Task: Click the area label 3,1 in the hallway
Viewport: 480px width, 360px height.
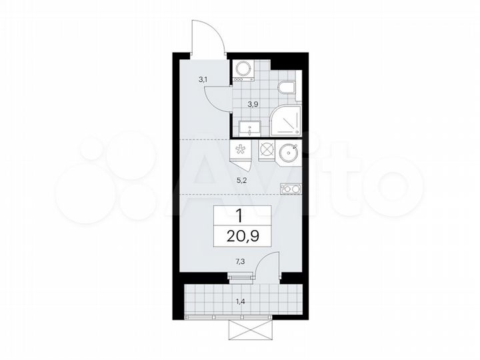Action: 203,80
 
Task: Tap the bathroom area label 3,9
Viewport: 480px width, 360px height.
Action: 253,104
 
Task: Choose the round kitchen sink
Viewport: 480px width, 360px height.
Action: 289,151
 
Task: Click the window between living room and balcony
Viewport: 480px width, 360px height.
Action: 240,276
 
